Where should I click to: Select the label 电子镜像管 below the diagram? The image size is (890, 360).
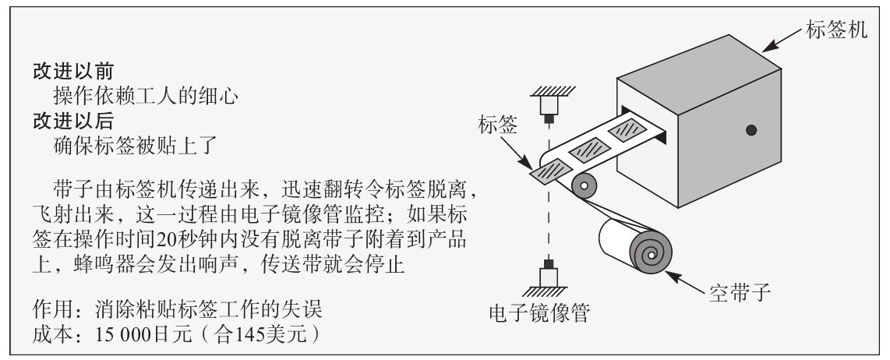coord(539,316)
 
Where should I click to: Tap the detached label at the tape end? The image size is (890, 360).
coord(549,170)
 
